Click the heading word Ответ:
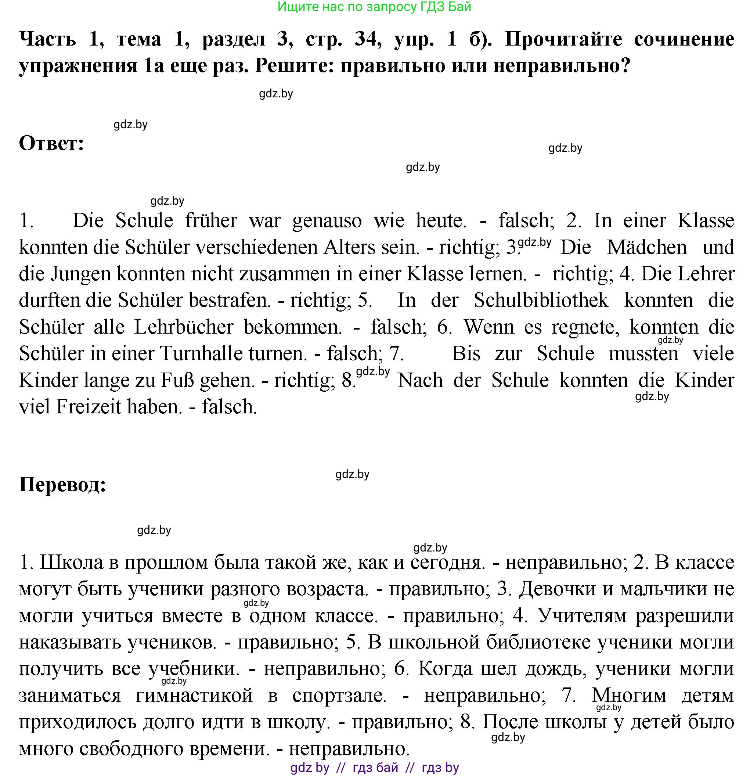pos(51,143)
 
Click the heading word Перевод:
pos(62,484)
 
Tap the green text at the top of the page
pos(374,7)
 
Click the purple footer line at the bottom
pos(374,767)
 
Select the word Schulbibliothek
pos(541,300)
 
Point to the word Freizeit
pos(88,407)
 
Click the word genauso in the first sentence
pos(327,220)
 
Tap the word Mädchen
pos(647,247)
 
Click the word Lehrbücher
pos(184,327)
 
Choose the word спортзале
pos(339,696)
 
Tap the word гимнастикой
pos(194,696)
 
